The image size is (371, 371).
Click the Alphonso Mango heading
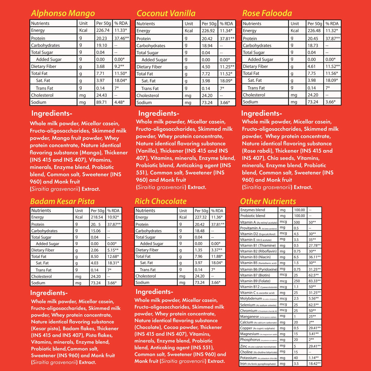coord(63,13)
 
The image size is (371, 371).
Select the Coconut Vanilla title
coord(166,13)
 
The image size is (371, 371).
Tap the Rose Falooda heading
coord(267,13)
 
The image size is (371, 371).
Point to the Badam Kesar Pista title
coord(62,201)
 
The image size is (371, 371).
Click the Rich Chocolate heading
coord(160,201)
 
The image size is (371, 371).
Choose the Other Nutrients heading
coord(268,201)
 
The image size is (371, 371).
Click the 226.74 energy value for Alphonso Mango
coord(103,31)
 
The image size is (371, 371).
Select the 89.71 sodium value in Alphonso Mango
coord(101,102)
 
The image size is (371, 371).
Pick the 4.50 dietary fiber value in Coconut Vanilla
coord(206,67)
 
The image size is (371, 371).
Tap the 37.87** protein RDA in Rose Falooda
coord(332,39)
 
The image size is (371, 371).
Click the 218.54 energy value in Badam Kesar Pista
coord(97,217)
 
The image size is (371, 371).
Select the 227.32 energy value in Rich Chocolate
coord(201,217)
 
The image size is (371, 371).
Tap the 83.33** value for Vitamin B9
coord(314,281)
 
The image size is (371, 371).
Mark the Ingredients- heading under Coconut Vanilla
coord(159,113)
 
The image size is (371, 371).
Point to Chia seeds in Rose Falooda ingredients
coord(281,158)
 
